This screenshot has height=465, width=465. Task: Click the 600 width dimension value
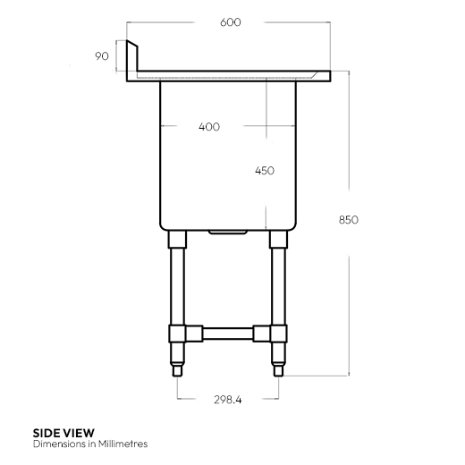(x=229, y=22)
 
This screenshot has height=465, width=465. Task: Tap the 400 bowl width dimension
(x=208, y=126)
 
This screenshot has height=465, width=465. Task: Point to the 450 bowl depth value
(x=265, y=170)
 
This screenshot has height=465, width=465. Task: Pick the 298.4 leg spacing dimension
(x=227, y=400)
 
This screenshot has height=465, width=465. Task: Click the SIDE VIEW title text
(x=63, y=432)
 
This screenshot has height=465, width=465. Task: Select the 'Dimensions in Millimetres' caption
(x=89, y=444)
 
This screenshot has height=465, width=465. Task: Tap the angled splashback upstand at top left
(x=131, y=59)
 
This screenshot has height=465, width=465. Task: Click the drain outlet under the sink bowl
(x=228, y=232)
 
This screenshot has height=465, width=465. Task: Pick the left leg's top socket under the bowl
(x=177, y=239)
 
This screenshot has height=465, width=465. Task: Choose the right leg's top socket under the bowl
(x=279, y=239)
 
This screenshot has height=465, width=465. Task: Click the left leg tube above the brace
(x=177, y=286)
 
